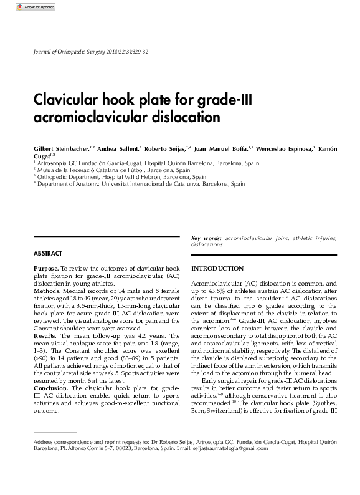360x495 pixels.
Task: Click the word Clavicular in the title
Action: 65,100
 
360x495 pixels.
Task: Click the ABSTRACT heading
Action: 47,254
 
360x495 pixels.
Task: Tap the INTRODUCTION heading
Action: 217,268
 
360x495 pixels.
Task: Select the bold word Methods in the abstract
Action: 47,290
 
